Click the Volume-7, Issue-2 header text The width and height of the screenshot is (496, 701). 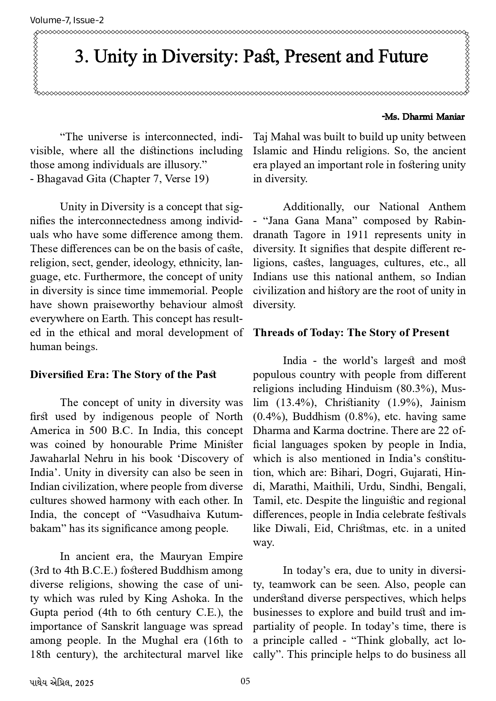point(67,20)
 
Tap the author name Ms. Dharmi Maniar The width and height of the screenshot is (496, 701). point(424,117)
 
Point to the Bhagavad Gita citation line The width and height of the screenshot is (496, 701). point(119,179)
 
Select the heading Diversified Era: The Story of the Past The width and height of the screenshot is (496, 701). point(123,375)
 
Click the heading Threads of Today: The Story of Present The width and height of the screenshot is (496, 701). point(351,333)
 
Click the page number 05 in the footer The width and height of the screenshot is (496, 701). point(245,681)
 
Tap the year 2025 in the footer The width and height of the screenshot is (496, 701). point(85,683)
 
